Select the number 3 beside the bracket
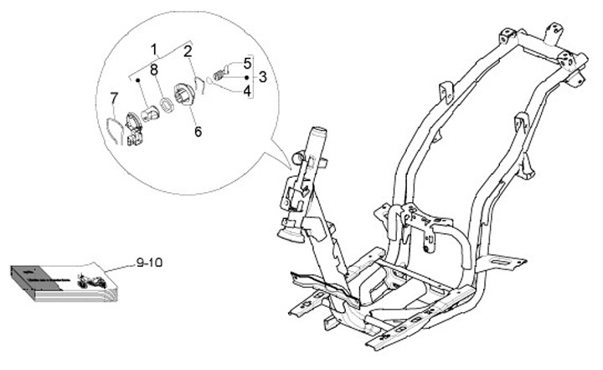coord(262,77)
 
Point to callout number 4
coord(247,90)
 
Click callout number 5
coord(247,63)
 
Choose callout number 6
coord(198,132)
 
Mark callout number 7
coord(115,100)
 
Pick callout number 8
coord(154,70)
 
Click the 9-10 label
coord(151,263)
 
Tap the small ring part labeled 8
coord(167,104)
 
